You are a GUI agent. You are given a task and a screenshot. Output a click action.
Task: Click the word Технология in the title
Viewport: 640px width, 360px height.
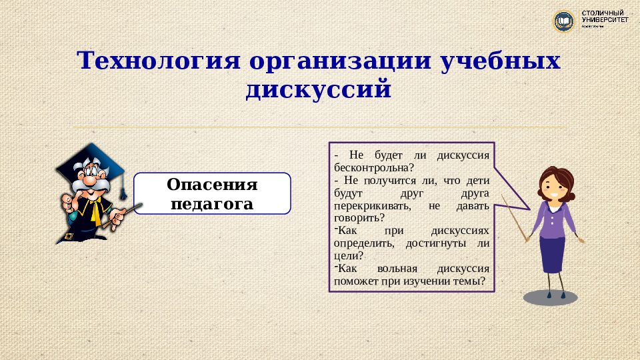pos(159,61)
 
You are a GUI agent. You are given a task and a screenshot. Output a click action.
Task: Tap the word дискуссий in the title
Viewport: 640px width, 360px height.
pos(318,89)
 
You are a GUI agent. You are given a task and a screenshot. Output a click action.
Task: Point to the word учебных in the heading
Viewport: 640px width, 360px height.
pos(501,61)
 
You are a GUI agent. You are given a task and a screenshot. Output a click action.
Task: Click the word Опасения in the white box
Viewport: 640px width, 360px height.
pos(212,184)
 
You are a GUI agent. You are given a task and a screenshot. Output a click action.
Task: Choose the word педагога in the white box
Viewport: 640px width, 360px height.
pos(212,203)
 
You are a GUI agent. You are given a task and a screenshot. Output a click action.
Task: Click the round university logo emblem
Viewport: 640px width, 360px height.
pos(565,21)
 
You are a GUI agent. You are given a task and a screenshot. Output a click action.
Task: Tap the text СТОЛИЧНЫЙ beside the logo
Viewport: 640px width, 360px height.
pos(604,13)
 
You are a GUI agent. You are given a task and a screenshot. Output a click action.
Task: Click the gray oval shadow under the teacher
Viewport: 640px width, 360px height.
pos(550,297)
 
